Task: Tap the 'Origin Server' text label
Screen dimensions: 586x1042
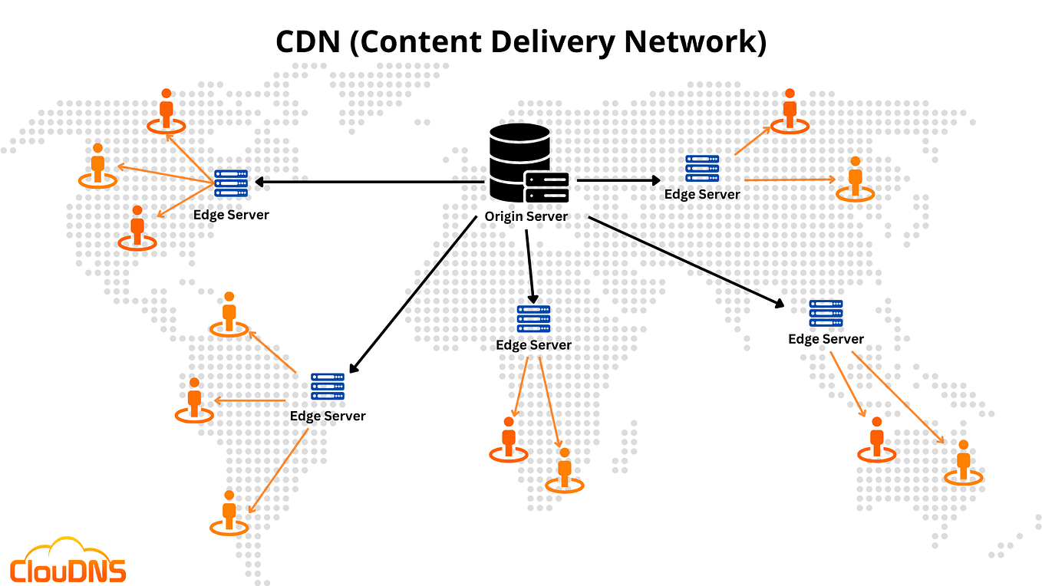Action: click(x=526, y=217)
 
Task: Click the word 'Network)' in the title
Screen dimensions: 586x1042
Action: click(x=695, y=43)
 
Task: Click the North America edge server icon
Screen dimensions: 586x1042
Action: click(x=231, y=184)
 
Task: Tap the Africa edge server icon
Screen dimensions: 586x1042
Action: click(x=533, y=318)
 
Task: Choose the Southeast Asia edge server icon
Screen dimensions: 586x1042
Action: click(x=826, y=313)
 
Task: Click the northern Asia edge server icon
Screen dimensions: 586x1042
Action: click(x=702, y=168)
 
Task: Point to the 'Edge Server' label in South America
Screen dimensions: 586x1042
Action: click(x=328, y=416)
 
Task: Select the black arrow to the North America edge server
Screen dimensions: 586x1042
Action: click(x=368, y=182)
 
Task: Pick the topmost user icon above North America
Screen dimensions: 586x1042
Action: click(x=167, y=110)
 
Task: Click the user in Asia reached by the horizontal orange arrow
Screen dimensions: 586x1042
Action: click(x=855, y=179)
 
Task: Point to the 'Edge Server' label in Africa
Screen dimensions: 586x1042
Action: click(x=533, y=345)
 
